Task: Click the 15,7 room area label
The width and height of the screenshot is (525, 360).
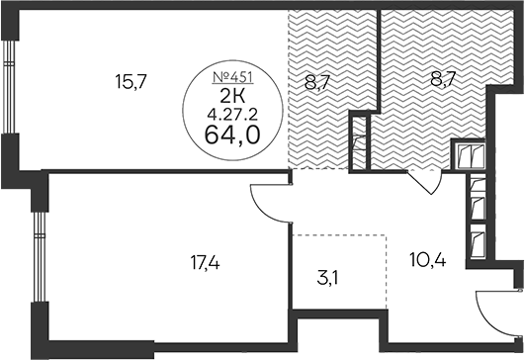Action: click(x=131, y=82)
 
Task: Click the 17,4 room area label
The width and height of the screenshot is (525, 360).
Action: click(x=203, y=265)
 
